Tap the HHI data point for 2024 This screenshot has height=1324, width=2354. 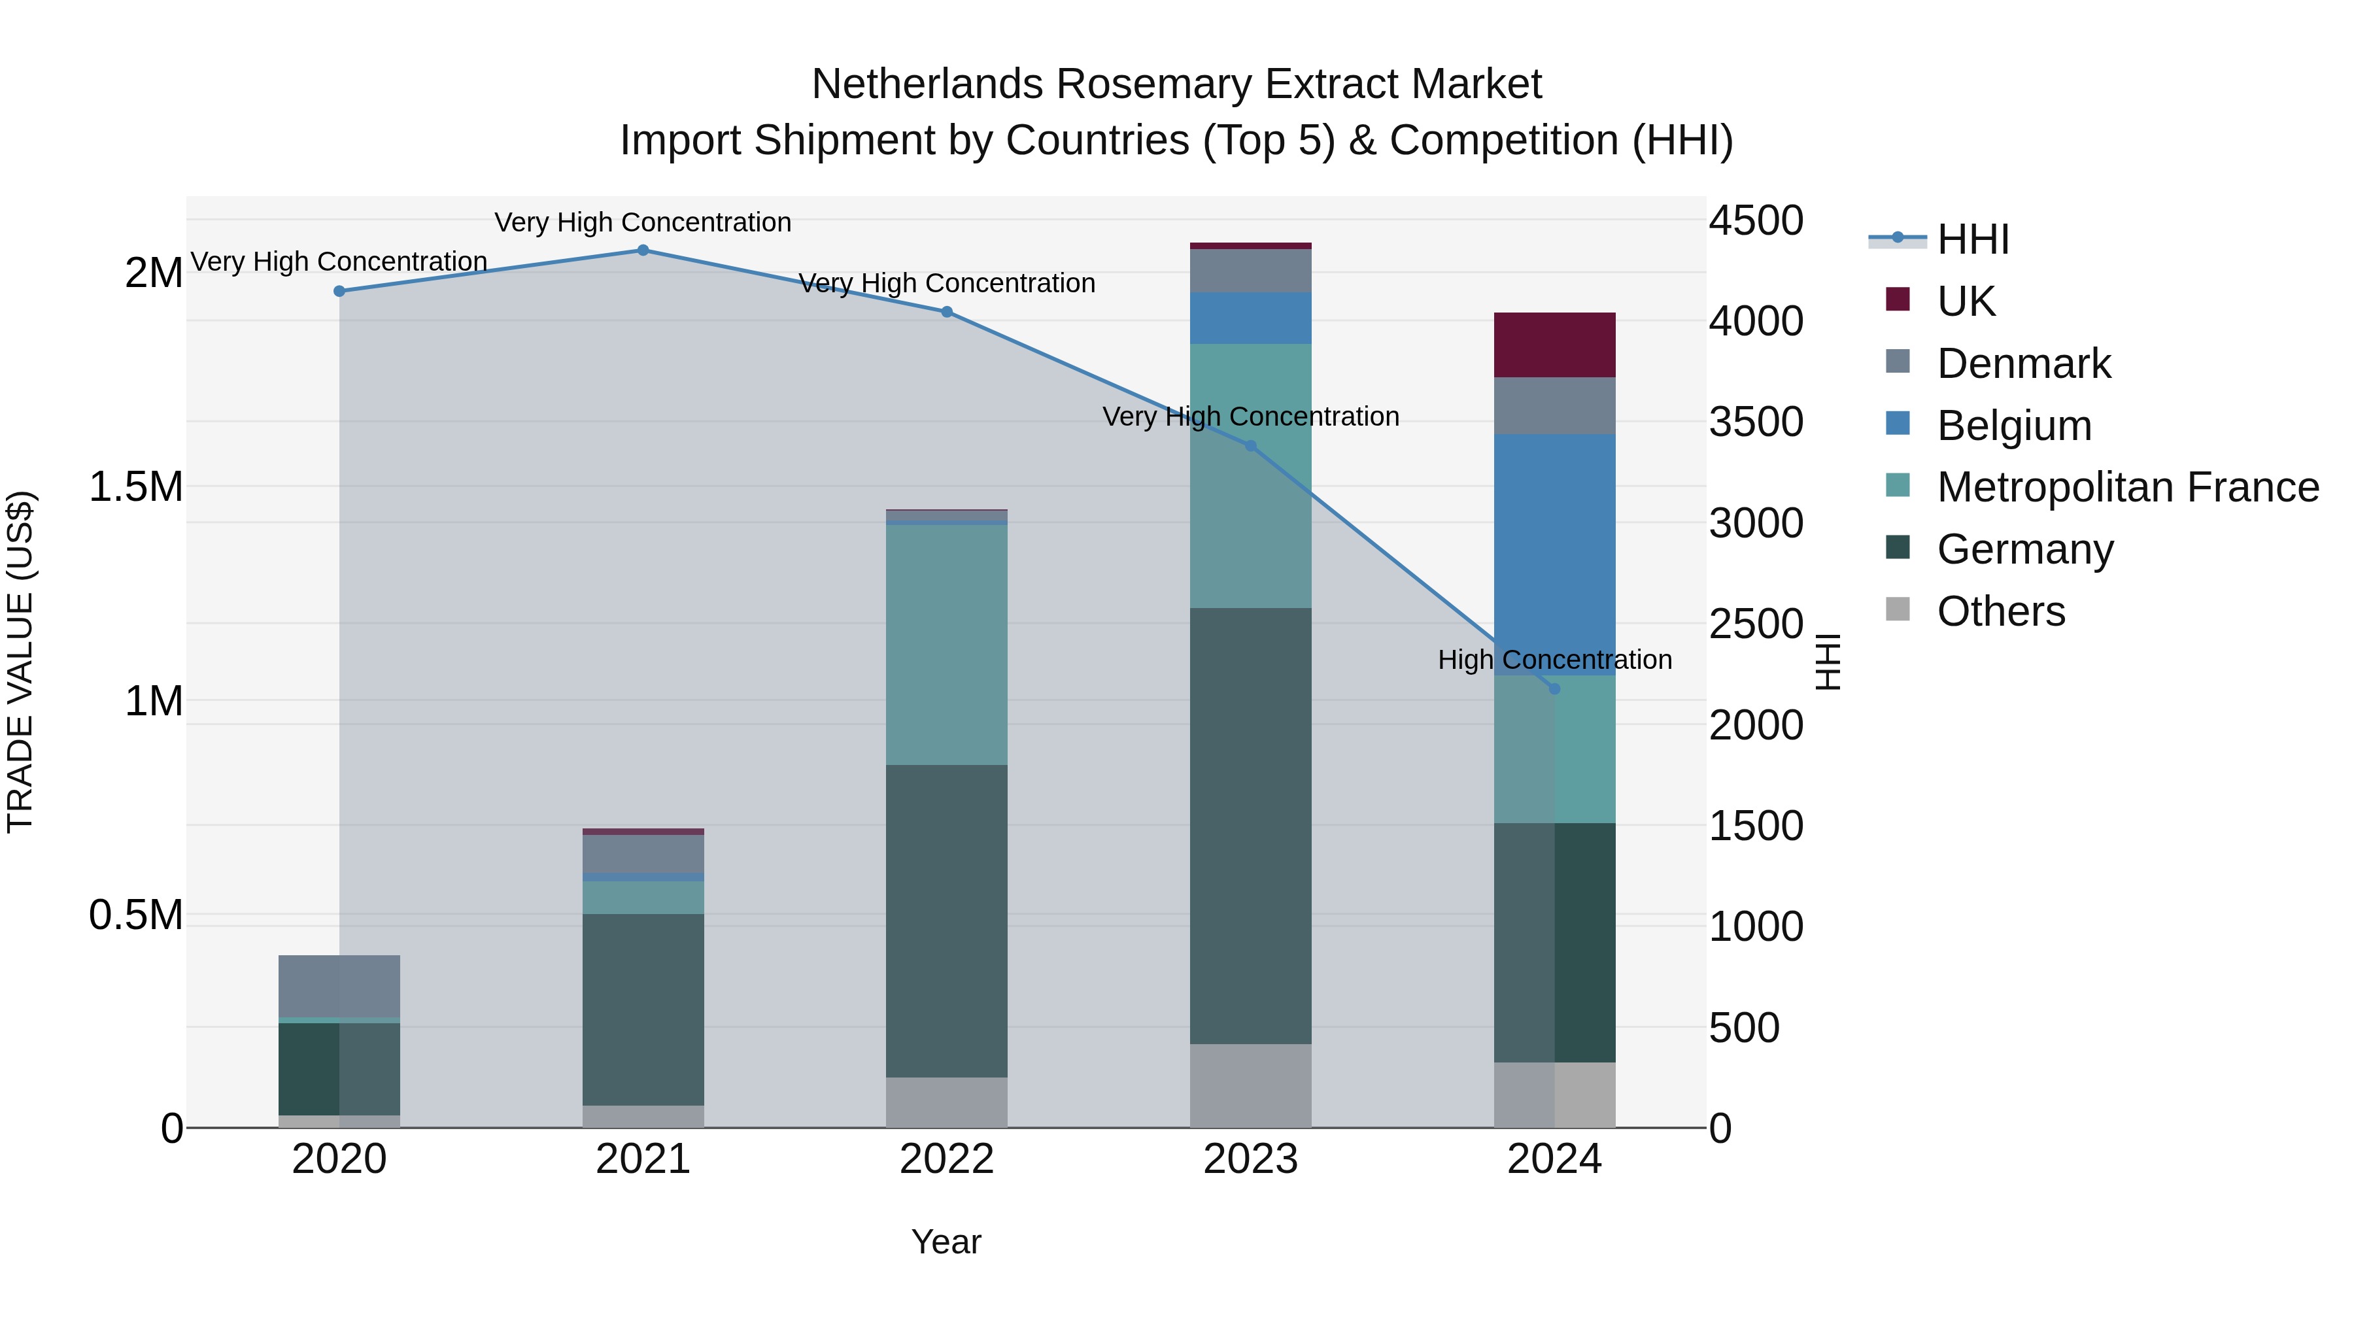point(1554,689)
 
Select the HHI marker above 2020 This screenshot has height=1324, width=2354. point(339,292)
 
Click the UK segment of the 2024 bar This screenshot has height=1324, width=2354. point(1554,345)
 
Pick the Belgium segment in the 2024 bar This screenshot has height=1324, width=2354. point(1554,554)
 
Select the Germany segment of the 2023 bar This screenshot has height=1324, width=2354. point(1250,825)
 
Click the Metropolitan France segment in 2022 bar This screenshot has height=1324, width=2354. point(947,644)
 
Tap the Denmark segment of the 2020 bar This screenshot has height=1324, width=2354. point(339,986)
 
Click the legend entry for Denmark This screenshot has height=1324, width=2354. point(2023,364)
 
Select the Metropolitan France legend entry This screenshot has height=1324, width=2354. point(2127,487)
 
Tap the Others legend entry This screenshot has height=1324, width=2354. point(2000,611)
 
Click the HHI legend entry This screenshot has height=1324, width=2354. point(1972,239)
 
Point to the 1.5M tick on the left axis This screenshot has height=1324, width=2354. point(136,487)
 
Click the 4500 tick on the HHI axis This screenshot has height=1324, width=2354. point(1756,221)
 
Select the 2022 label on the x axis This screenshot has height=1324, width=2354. point(947,1159)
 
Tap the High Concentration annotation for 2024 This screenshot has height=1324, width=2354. point(1554,660)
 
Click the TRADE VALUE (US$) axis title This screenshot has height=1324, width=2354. point(20,662)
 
